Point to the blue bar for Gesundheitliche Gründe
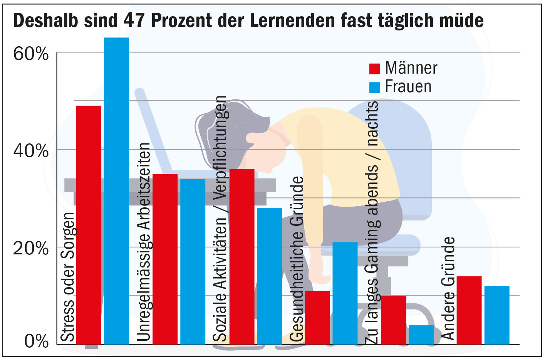[x=345, y=293]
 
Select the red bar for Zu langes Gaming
[x=394, y=320]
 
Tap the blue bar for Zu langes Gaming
[x=421, y=334]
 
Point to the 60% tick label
[x=31, y=54]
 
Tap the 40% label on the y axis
[x=31, y=151]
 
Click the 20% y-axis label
[x=31, y=248]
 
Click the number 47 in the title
[x=135, y=20]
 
